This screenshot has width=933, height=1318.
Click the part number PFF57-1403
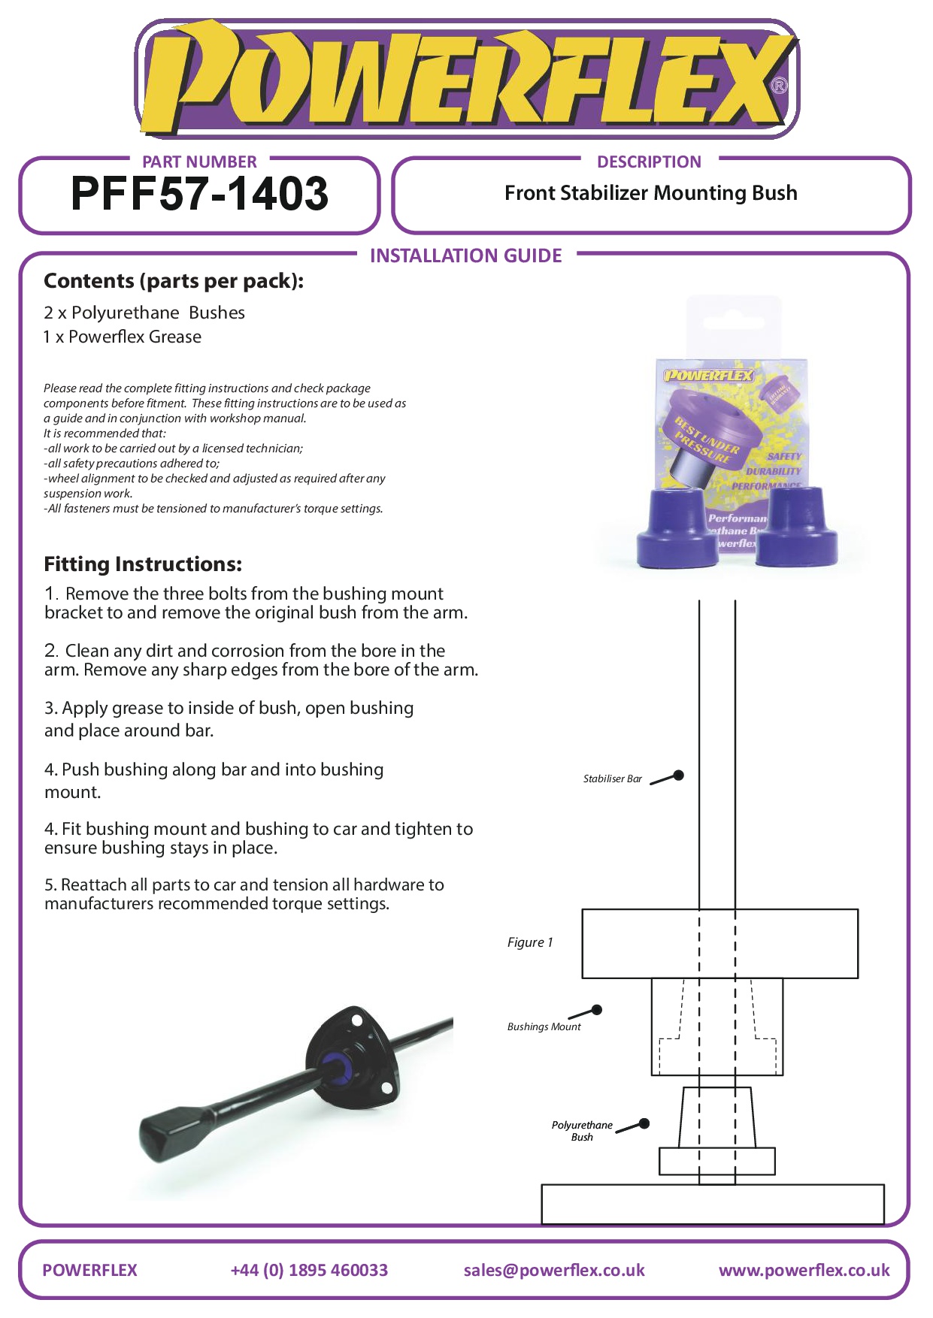199,194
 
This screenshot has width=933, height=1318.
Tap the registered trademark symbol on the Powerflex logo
780,86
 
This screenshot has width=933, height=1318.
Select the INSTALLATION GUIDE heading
465,255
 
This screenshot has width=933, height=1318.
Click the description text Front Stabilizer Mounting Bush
650,193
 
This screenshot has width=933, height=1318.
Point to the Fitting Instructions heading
143,564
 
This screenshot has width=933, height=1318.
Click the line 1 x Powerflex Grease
123,337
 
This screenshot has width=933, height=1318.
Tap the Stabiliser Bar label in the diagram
612,779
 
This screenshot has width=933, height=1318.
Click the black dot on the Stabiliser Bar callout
678,775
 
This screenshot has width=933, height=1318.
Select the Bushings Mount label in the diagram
544,1026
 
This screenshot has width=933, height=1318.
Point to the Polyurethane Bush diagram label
582,1131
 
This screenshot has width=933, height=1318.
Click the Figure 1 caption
530,942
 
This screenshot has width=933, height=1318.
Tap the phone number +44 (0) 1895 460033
309,1270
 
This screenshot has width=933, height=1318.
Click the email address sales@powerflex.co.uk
554,1270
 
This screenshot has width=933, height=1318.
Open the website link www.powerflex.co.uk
804,1270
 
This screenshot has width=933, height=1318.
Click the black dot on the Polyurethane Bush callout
644,1124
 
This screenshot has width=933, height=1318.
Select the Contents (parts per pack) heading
174,281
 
